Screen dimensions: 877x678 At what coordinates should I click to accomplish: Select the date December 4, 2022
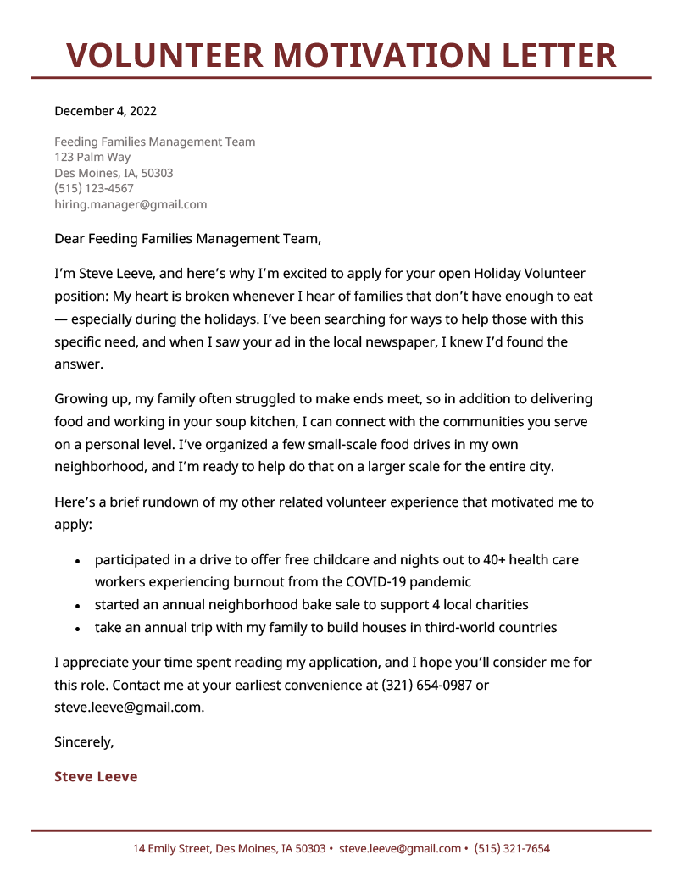pos(105,111)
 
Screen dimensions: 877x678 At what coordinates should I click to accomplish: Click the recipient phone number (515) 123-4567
pos(94,188)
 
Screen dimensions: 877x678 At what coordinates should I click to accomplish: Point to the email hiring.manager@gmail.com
pos(131,204)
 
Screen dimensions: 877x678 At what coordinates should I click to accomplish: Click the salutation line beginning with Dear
pos(187,239)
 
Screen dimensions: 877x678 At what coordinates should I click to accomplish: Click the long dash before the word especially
pos(61,320)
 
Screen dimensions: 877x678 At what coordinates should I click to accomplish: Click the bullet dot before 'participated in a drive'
pos(77,562)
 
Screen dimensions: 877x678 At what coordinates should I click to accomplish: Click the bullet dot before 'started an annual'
pos(77,607)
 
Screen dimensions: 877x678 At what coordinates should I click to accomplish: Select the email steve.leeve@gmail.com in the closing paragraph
pos(129,707)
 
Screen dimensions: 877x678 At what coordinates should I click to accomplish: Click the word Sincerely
pos(84,741)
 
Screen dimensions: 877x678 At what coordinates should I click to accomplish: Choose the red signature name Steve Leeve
pos(96,776)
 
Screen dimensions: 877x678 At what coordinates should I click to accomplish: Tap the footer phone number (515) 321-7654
pos(512,848)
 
